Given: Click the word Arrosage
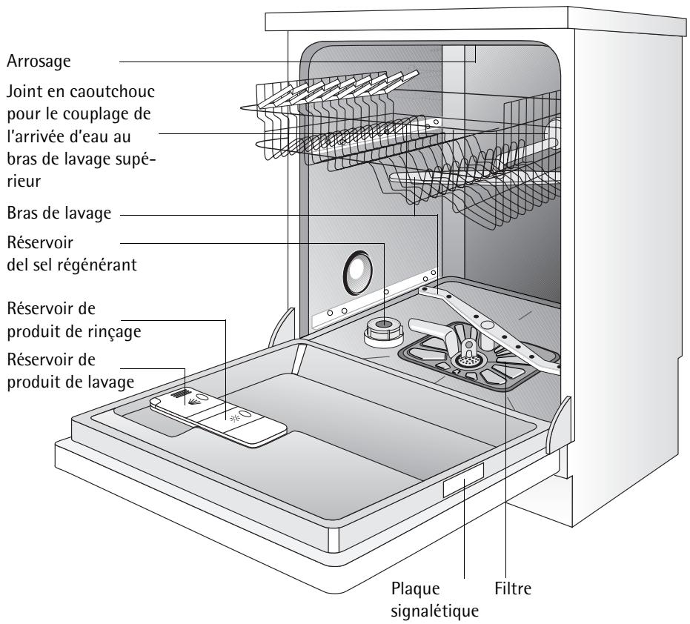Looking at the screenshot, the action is (39, 62).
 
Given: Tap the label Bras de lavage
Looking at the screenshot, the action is (59, 213).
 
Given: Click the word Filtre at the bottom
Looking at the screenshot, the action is (513, 588).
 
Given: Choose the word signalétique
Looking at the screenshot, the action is (434, 611).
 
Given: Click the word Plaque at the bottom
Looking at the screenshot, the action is (415, 588).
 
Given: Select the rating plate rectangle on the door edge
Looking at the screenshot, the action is (463, 480).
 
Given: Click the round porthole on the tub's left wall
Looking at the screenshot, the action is (358, 273).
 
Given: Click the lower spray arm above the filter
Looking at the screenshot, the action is (489, 328).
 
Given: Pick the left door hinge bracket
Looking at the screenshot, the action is (281, 328).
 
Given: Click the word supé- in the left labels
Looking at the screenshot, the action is (136, 159).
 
